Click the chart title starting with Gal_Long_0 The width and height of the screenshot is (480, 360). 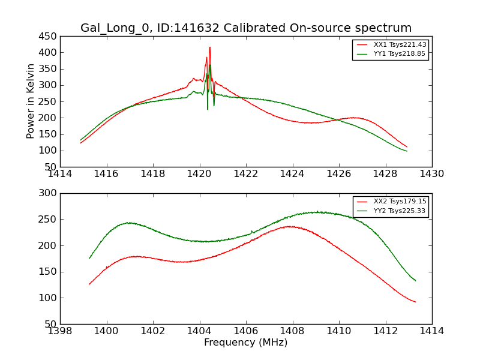tap(246, 28)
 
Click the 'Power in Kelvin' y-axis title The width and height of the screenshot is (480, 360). tap(31, 101)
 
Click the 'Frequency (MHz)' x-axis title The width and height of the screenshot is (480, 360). tap(246, 343)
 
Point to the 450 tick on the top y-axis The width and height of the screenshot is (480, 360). tap(49, 36)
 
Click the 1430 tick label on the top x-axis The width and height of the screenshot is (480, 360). tap(432, 174)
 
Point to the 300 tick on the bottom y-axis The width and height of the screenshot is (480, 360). tap(49, 193)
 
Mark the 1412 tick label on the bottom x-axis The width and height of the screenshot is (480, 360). tap(385, 331)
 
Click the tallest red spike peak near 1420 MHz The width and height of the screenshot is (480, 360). tap(209, 47)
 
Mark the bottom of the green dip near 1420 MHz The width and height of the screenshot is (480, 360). tap(208, 109)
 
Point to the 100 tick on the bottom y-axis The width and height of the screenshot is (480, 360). tap(49, 298)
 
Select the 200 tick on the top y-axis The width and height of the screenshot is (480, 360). tap(49, 118)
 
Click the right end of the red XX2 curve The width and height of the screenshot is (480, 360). tap(415, 302)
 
